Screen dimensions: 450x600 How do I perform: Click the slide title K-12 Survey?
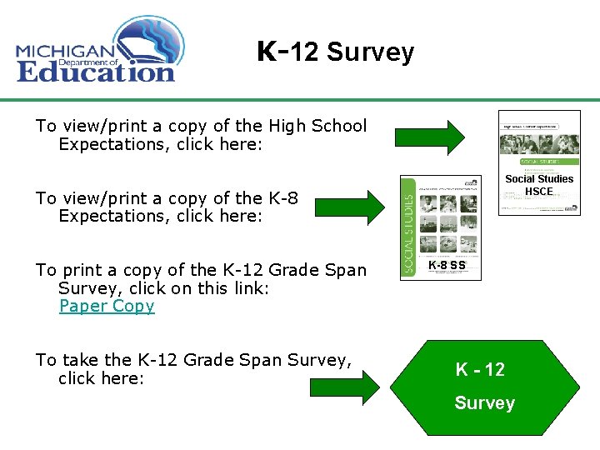tap(335, 52)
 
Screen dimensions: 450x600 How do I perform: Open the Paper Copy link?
tap(107, 306)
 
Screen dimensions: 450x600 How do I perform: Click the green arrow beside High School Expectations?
tap(430, 137)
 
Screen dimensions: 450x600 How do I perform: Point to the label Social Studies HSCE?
tap(539, 185)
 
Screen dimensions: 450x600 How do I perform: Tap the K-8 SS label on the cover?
tap(447, 266)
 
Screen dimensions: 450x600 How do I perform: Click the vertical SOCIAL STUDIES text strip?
tap(407, 227)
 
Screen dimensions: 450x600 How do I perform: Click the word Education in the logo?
tap(96, 71)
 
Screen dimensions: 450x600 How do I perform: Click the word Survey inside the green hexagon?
tap(484, 403)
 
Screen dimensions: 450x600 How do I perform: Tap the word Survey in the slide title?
tap(370, 53)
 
